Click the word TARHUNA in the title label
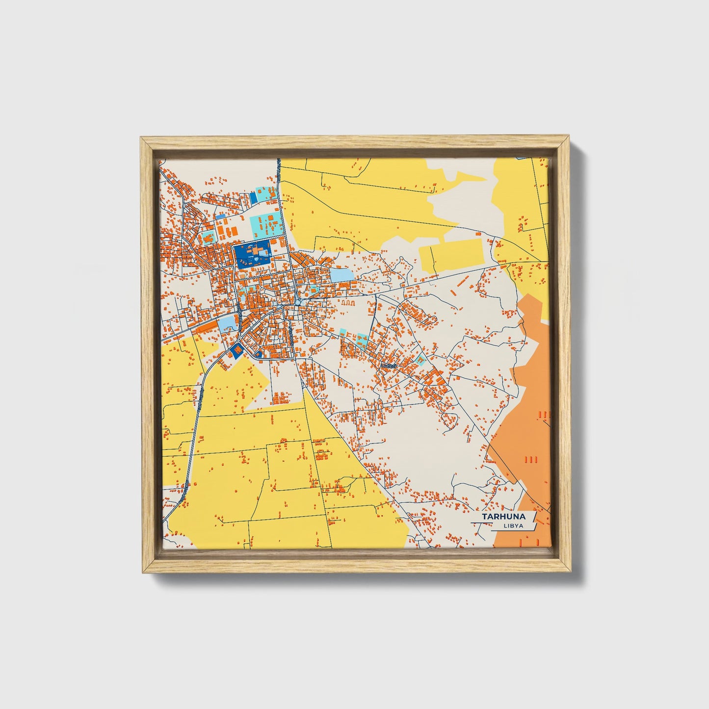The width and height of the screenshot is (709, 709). (x=503, y=517)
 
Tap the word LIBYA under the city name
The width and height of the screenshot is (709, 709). (x=513, y=526)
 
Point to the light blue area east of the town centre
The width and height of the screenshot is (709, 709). (x=341, y=274)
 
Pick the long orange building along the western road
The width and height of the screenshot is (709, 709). (x=207, y=327)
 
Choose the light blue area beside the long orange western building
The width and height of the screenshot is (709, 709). (x=227, y=323)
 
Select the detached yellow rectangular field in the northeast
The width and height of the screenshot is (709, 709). (x=451, y=255)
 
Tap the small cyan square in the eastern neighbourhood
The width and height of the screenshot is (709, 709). (x=420, y=361)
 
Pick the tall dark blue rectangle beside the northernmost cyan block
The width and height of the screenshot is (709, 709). (x=253, y=198)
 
